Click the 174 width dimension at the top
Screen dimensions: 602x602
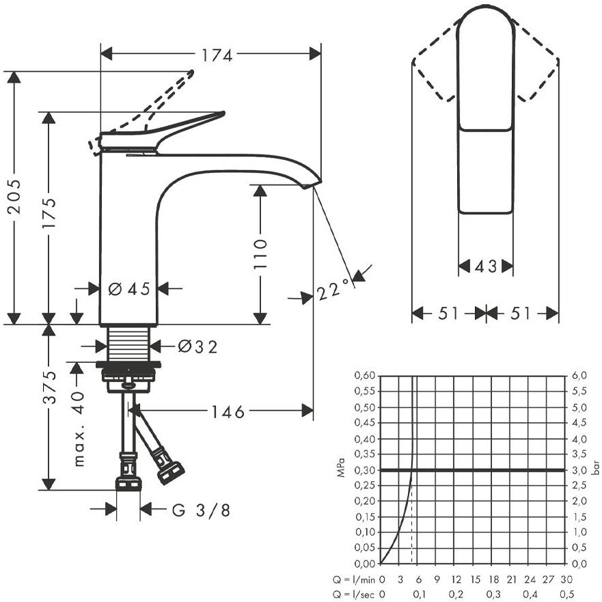(x=217, y=55)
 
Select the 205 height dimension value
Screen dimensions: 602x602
(x=14, y=197)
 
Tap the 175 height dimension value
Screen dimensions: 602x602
(x=49, y=213)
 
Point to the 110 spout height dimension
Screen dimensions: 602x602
(x=260, y=254)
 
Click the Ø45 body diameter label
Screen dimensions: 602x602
(x=128, y=289)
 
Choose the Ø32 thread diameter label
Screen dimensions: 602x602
(x=197, y=346)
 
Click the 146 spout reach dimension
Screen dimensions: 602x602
(x=228, y=412)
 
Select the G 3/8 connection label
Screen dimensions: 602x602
(x=201, y=510)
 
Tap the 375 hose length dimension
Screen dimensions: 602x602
(x=49, y=387)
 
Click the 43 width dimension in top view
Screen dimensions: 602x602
(x=486, y=266)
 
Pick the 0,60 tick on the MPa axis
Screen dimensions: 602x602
(x=364, y=375)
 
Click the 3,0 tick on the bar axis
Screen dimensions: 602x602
(x=579, y=470)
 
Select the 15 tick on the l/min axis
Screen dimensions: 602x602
(x=476, y=579)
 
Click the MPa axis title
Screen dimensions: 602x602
(x=341, y=467)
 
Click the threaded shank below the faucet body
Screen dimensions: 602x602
(x=128, y=344)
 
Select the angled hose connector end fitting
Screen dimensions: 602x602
(x=170, y=471)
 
